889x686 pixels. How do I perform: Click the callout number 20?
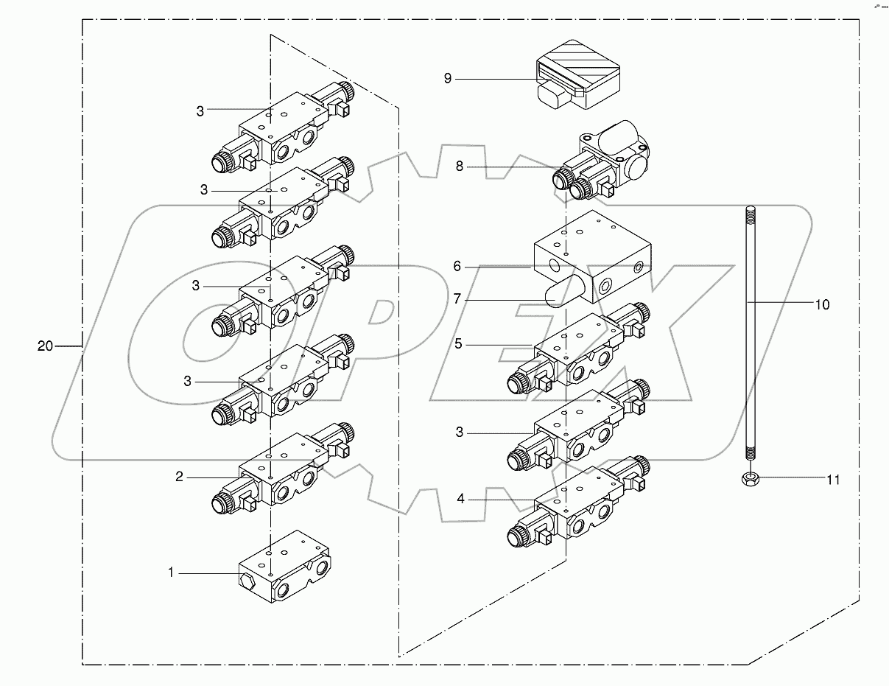pos(46,346)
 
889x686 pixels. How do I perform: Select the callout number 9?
pos(448,79)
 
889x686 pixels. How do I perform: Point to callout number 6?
pos(457,266)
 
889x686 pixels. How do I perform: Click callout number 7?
pos(457,299)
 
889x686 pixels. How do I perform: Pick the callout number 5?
pos(458,344)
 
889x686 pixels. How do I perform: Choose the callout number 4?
pos(460,499)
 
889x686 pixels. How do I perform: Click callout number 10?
pos(822,304)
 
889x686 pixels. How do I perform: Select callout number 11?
pos(832,480)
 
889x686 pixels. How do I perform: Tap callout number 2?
pos(179,477)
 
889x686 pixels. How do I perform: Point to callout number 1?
pos(171,572)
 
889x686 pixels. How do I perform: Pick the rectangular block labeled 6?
pos(589,254)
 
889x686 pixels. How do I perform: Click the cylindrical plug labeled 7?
pos(563,292)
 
